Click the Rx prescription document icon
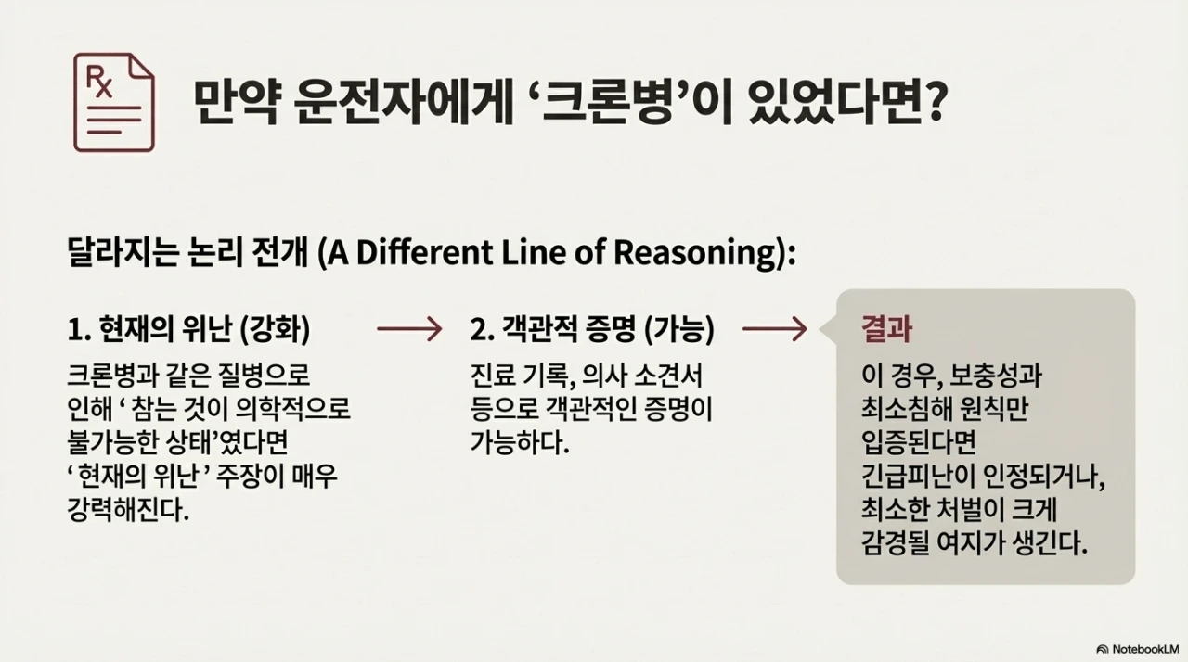coord(114,103)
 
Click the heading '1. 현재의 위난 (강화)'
coord(188,329)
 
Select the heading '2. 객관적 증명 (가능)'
coord(592,329)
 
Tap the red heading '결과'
coord(886,329)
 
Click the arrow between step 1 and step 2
coord(409,329)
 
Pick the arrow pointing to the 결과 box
coord(775,329)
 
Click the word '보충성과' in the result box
coord(995,376)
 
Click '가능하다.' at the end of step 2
coord(520,443)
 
